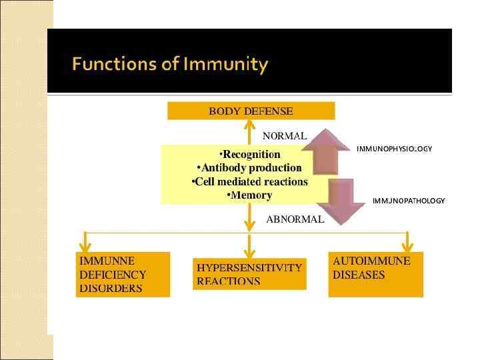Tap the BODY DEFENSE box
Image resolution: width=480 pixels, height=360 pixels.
click(x=251, y=111)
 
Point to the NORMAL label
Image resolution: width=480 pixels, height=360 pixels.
click(x=285, y=135)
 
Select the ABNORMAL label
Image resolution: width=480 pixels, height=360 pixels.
click(x=295, y=219)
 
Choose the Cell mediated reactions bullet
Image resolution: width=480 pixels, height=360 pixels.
click(x=250, y=181)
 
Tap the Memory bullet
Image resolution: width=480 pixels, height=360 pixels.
click(x=250, y=195)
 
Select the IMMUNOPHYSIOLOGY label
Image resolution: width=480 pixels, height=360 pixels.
click(x=394, y=149)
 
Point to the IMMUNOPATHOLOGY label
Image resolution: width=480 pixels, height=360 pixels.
click(x=408, y=200)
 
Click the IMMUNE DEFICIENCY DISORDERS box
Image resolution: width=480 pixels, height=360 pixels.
click(x=123, y=274)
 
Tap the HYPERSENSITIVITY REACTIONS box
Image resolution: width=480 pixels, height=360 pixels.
click(x=249, y=274)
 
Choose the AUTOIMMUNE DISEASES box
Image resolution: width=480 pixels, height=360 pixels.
click(x=376, y=273)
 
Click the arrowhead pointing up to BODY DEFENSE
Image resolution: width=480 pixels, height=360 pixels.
click(x=249, y=125)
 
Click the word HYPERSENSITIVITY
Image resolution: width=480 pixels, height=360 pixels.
click(x=249, y=267)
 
